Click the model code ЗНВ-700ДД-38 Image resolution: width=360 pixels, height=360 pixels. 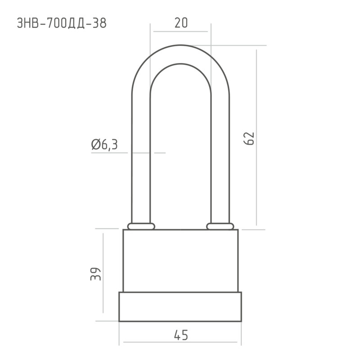coord(62,23)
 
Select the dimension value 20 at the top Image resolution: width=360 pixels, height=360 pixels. coord(181,23)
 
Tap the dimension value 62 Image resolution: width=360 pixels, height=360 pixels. coord(249,139)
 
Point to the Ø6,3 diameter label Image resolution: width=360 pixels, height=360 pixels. coord(104,144)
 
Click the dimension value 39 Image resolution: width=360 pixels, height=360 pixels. coord(95,274)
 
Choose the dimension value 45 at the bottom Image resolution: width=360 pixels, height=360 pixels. coord(181,335)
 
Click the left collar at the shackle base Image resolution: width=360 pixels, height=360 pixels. coord(141,226)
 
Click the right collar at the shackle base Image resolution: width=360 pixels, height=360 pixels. coord(220,226)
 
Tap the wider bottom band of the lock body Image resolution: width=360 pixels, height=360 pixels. coord(180,307)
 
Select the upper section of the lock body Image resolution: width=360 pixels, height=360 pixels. coord(180,261)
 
